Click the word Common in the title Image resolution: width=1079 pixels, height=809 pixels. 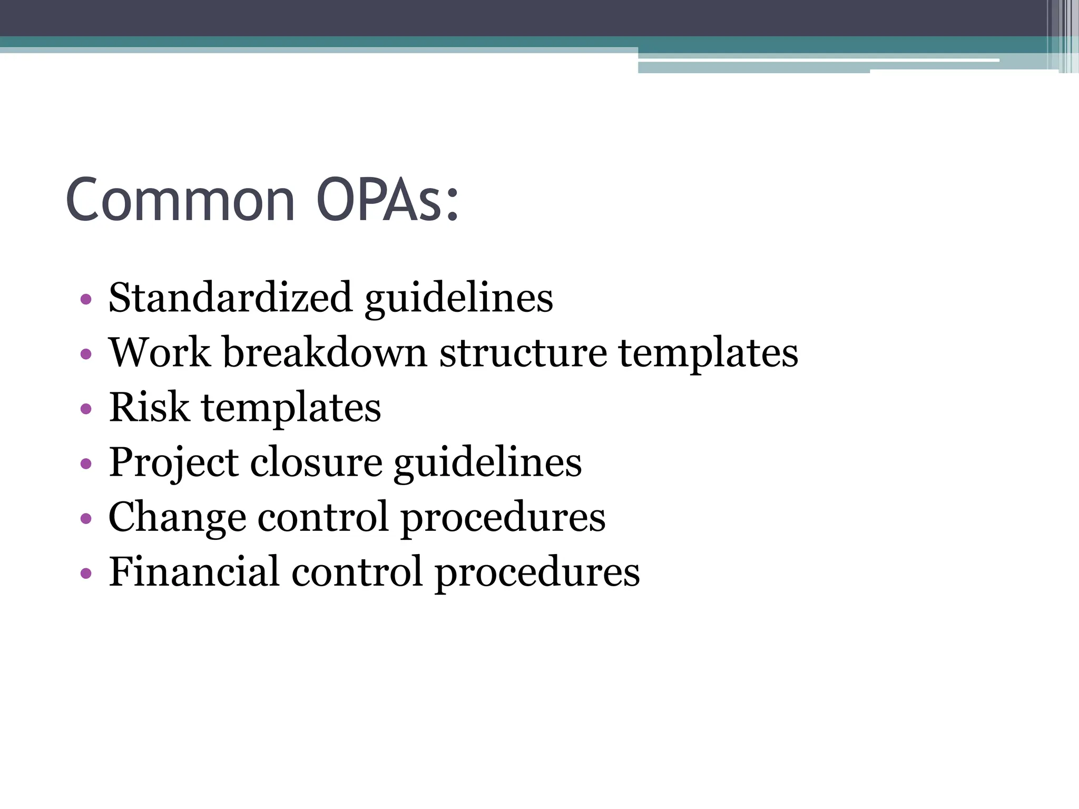click(180, 200)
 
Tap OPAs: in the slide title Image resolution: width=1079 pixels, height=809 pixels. click(387, 200)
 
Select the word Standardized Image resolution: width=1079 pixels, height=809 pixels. click(230, 298)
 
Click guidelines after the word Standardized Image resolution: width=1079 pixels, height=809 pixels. click(458, 299)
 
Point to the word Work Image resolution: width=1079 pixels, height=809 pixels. click(159, 352)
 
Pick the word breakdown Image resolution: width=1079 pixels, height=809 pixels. click(325, 352)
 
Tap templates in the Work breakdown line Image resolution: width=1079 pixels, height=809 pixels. click(708, 354)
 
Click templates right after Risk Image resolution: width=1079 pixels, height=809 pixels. click(291, 409)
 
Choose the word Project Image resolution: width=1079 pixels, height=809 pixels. click(173, 463)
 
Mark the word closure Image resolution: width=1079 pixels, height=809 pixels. click(316, 462)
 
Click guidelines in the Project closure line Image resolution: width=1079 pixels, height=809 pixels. click(487, 464)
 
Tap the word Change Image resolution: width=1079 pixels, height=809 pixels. click(177, 518)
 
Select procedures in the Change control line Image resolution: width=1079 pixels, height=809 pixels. click(503, 519)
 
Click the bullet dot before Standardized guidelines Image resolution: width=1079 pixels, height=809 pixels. click(86, 300)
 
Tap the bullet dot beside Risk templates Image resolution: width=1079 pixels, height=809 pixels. click(86, 409)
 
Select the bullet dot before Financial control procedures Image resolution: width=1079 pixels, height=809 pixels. click(86, 573)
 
